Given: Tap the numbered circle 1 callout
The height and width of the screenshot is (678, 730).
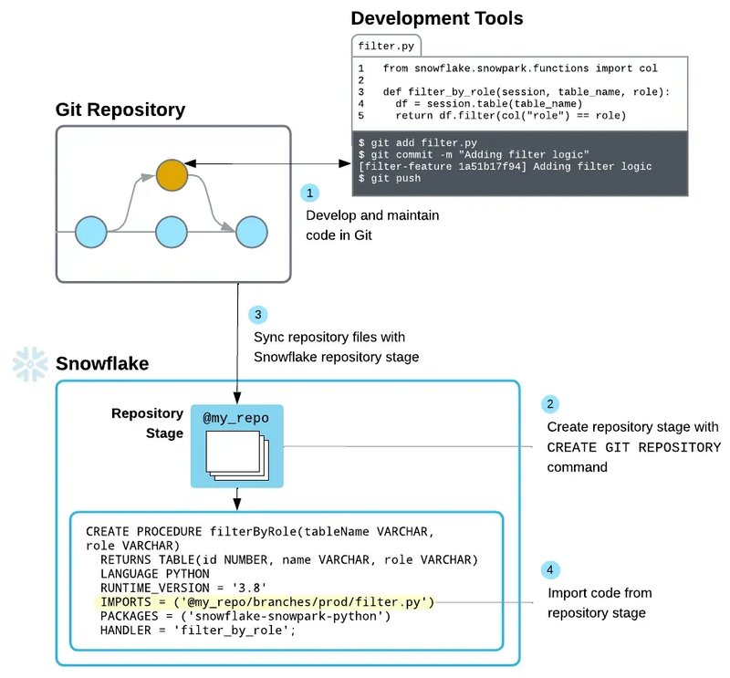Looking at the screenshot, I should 310,193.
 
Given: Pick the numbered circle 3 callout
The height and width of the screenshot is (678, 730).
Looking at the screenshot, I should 258,315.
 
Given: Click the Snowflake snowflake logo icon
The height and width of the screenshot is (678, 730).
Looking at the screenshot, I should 29,364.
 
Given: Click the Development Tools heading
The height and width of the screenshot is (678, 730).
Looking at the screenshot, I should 437,18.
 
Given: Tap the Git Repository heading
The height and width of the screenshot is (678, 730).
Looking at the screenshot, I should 120,110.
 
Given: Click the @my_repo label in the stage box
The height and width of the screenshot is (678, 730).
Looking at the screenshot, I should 236,419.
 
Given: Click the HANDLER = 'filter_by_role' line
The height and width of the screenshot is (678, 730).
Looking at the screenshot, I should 198,631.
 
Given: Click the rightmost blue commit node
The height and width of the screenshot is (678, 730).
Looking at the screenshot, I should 251,232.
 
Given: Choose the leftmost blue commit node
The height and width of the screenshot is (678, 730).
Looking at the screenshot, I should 90,232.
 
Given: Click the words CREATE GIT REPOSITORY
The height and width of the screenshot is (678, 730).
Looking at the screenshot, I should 633,447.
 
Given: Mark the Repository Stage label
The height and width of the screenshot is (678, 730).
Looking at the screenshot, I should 147,423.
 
